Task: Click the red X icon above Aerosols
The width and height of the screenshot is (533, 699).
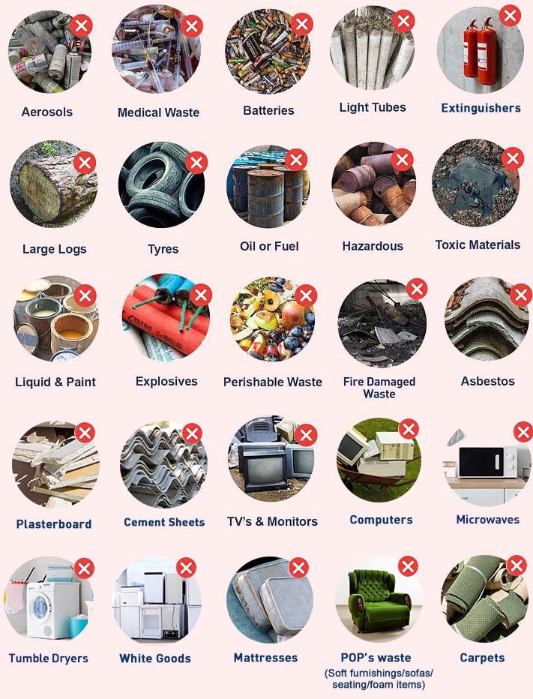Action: click(81, 26)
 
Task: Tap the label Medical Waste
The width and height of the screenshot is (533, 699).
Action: click(158, 112)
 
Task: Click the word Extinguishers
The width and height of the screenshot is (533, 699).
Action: click(481, 108)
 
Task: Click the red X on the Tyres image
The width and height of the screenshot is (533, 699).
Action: click(196, 162)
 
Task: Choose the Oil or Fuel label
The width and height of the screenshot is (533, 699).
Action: click(269, 246)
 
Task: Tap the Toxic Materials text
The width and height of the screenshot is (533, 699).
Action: click(478, 244)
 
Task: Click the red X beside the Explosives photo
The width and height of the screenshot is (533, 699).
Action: click(200, 295)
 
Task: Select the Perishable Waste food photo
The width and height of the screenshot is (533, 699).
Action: click(270, 319)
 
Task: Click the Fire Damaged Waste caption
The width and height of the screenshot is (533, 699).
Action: click(379, 388)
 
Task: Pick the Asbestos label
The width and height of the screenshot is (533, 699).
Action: click(487, 381)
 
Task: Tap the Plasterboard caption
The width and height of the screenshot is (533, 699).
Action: click(54, 524)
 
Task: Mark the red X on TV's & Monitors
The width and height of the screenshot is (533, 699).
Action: click(305, 434)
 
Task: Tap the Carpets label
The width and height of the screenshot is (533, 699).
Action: click(482, 658)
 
